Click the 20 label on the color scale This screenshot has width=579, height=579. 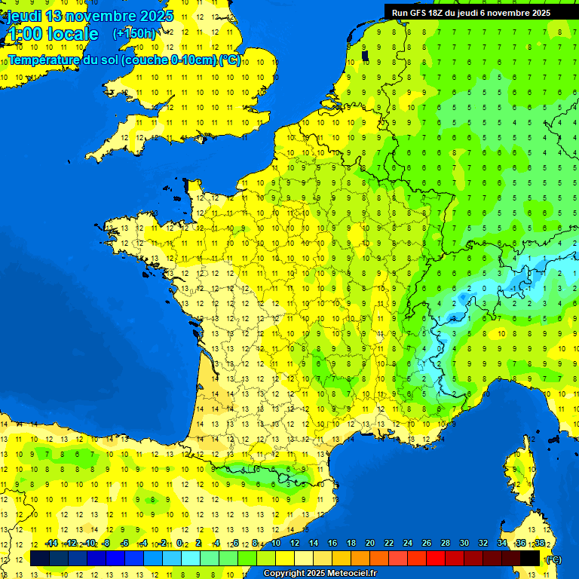(x=369, y=544)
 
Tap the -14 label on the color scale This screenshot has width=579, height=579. (x=51, y=544)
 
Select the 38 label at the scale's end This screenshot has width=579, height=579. (x=539, y=544)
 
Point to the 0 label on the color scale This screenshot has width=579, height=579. (x=179, y=544)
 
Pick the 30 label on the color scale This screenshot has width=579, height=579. (x=464, y=544)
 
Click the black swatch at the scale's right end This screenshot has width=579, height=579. (x=530, y=558)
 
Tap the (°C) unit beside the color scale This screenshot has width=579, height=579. (x=553, y=559)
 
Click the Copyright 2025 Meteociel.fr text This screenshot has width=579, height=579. (x=320, y=574)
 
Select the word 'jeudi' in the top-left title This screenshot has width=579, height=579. (x=24, y=16)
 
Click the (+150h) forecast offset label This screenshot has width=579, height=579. (x=134, y=34)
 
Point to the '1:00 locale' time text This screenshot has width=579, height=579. (x=53, y=34)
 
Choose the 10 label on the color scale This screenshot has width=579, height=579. (x=275, y=544)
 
